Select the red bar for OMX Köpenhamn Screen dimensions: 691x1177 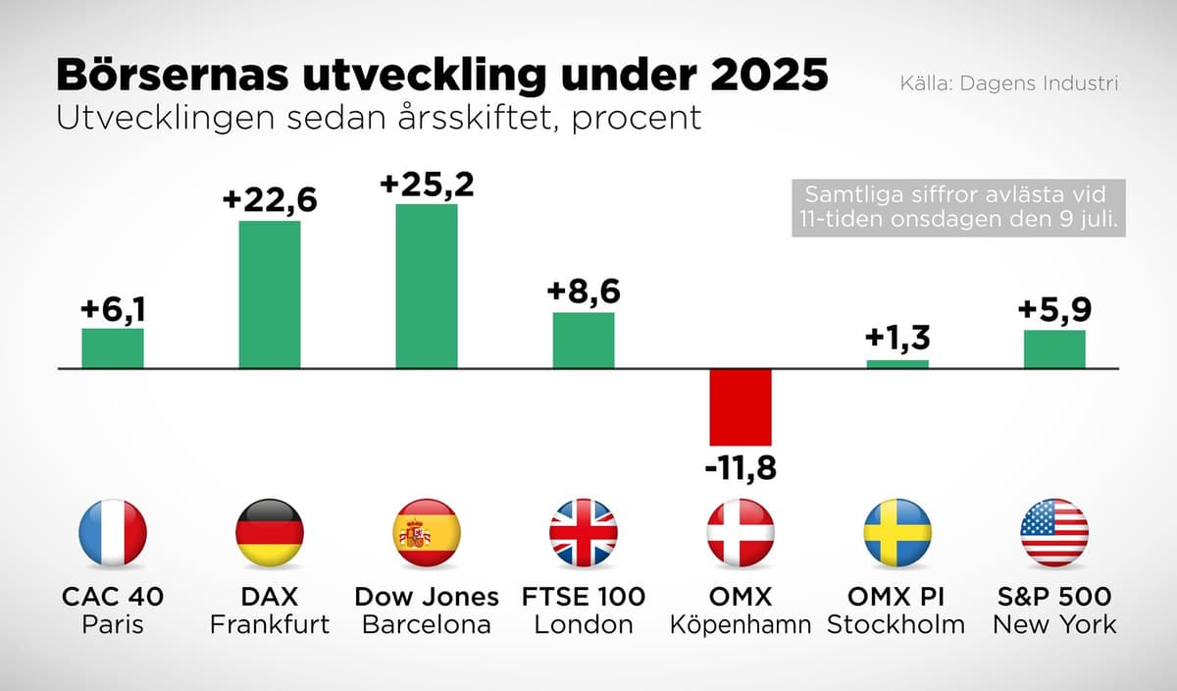pos(741,407)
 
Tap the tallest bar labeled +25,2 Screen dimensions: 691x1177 pos(427,286)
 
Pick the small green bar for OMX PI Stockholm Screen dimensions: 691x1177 pos(897,364)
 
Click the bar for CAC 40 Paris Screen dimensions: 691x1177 pos(113,348)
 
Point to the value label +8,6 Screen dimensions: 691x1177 pos(584,292)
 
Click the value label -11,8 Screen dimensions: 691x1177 pos(741,468)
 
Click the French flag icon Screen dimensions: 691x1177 pos(113,533)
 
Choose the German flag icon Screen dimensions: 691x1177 pos(270,533)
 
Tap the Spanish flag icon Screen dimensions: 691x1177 pos(427,533)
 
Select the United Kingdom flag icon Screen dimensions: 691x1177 pos(584,533)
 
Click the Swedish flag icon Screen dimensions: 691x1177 pos(897,533)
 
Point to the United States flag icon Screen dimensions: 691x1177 pos(1054,533)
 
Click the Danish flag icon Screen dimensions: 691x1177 pos(741,533)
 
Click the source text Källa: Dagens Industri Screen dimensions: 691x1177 pos(1008,83)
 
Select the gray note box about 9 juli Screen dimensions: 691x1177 pos(957,207)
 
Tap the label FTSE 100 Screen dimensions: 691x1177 pos(584,596)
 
